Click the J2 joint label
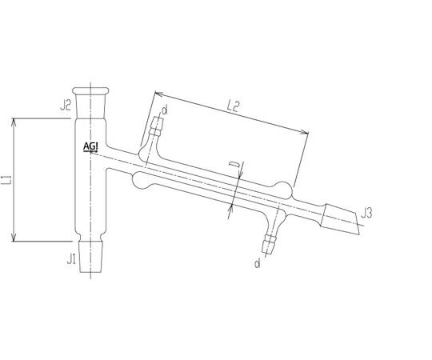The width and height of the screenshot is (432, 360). tap(66, 106)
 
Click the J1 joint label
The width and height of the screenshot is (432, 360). tap(71, 259)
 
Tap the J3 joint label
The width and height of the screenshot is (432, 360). tap(366, 214)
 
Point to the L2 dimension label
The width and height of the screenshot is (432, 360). tap(233, 106)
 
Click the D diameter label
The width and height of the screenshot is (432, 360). tap(234, 165)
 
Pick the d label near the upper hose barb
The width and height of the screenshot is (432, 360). tap(165, 110)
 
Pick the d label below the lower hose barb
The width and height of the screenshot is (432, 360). tap(258, 263)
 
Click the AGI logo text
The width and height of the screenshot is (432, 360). tap(90, 146)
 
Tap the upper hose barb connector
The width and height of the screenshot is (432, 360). tap(157, 126)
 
